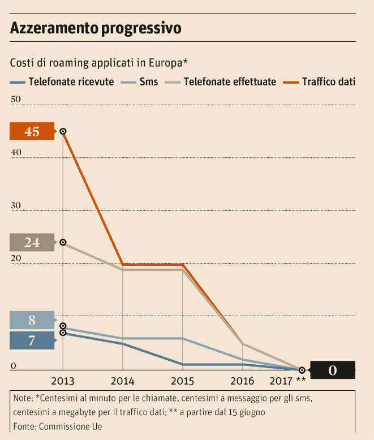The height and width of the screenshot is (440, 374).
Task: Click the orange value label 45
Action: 32,131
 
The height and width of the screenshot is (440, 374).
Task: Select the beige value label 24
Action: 32,243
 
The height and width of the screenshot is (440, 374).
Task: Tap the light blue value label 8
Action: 32,321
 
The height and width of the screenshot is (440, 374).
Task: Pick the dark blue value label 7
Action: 32,340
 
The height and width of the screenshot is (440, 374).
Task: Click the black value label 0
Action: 333,370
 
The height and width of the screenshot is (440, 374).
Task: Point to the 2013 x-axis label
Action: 63,381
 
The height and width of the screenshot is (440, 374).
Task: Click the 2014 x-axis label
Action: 122,381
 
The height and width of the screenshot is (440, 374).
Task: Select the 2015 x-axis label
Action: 182,381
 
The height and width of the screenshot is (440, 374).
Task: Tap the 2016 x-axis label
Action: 242,381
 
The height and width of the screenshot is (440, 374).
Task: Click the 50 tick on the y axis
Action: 15,100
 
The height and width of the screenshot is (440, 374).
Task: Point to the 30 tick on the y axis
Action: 15,205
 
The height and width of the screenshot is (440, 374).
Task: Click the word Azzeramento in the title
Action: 54,28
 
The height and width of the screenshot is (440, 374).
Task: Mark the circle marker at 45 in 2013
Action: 63,131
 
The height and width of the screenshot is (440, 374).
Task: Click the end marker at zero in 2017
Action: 302,370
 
